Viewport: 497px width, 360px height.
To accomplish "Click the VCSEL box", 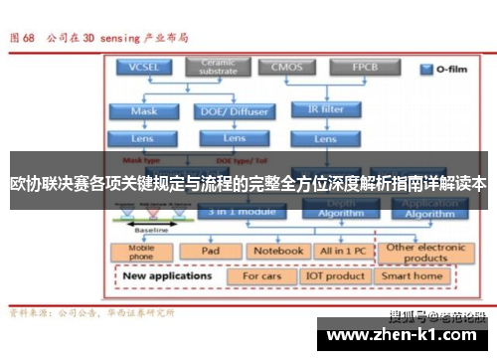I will coord(144,68).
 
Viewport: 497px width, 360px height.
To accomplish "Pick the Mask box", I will coord(144,111).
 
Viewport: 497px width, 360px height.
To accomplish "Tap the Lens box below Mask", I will coord(144,138).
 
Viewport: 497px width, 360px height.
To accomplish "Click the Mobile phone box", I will coord(141,252).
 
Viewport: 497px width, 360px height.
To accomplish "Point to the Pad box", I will coord(210,252).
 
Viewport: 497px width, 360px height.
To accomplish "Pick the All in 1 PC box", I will coord(341,252).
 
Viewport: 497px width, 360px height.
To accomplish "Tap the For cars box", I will coord(262,275).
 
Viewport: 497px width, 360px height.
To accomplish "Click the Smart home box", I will coord(414,275).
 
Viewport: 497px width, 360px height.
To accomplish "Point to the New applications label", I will coord(169,275).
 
